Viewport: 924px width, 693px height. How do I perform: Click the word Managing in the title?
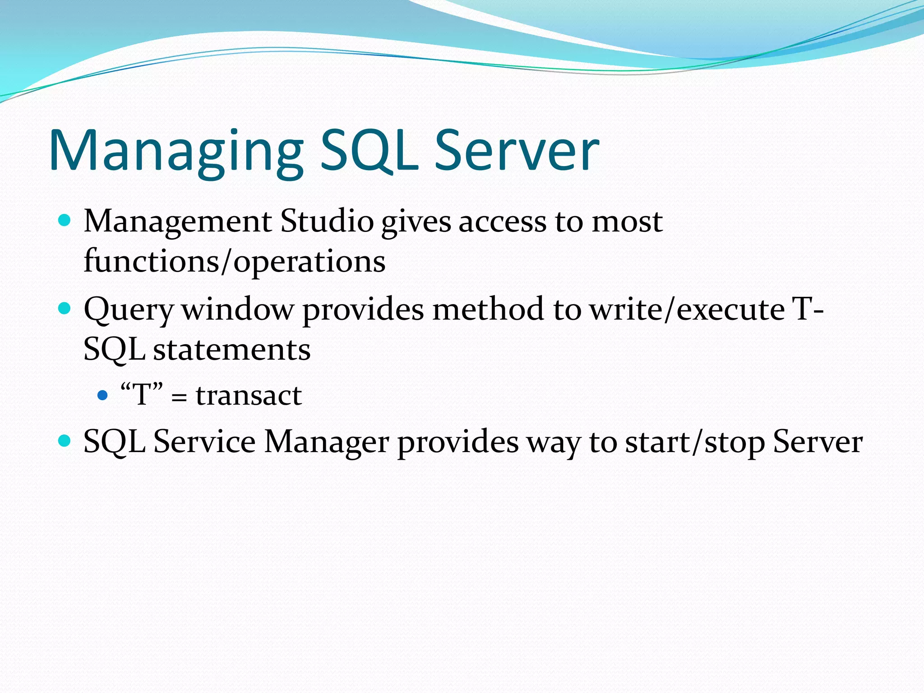pyautogui.click(x=176, y=151)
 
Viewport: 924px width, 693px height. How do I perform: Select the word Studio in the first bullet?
pyautogui.click(x=327, y=222)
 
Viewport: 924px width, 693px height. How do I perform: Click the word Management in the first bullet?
pyautogui.click(x=178, y=222)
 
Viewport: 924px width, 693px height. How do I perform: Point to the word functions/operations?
pyautogui.click(x=235, y=262)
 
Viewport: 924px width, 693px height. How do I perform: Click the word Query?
pyautogui.click(x=129, y=310)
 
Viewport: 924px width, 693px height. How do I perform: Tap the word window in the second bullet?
pyautogui.click(x=237, y=310)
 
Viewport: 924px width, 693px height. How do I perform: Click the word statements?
pyautogui.click(x=232, y=350)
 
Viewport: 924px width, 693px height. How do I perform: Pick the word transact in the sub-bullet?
pyautogui.click(x=249, y=396)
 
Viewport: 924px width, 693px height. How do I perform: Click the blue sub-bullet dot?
pyautogui.click(x=103, y=396)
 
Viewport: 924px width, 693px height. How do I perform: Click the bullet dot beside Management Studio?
pyautogui.click(x=65, y=221)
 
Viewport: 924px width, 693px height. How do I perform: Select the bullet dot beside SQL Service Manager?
pyautogui.click(x=65, y=441)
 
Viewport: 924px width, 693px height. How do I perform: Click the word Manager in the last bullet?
pyautogui.click(x=327, y=442)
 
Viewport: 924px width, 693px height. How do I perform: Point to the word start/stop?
pyautogui.click(x=695, y=442)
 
